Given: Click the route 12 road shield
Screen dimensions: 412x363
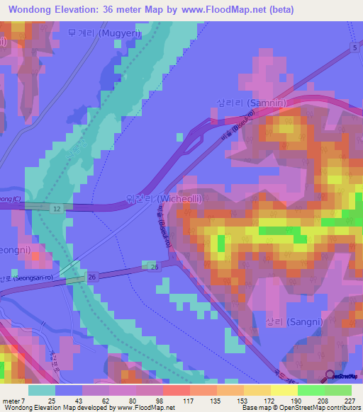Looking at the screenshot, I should [x=56, y=208].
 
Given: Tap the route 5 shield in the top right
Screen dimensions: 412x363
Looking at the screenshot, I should [x=354, y=47].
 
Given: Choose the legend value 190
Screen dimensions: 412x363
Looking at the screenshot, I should [x=284, y=401].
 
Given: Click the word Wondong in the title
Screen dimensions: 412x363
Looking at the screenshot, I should [x=30, y=10].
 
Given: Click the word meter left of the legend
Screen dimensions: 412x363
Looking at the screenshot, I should [x=11, y=401].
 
